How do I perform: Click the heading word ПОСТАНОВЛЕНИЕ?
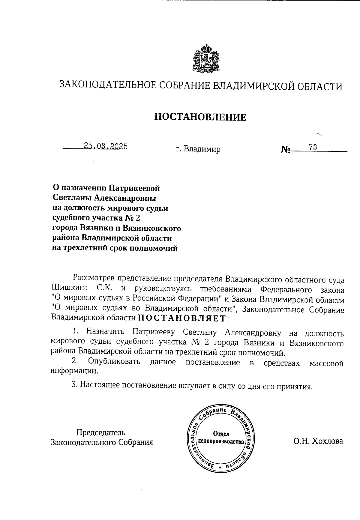click(200, 117)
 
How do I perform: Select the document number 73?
click(313, 147)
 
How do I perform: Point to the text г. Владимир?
click(198, 149)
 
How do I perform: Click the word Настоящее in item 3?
click(99, 385)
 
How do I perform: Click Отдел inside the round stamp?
click(221, 434)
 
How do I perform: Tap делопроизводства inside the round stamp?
click(220, 442)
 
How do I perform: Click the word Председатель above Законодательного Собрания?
click(101, 432)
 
